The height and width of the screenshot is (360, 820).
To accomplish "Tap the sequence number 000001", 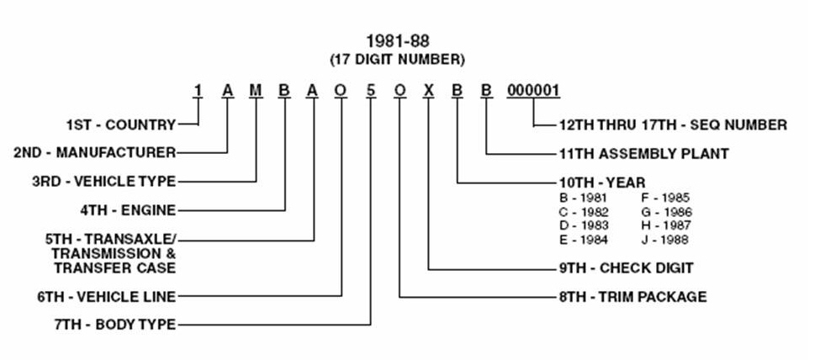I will [x=532, y=91].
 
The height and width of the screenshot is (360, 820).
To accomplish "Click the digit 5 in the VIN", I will [x=371, y=91].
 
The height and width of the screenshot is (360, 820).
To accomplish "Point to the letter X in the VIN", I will [x=429, y=91].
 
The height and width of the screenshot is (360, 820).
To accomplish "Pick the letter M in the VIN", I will [x=256, y=91].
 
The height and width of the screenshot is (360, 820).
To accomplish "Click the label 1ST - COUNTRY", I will [x=121, y=125].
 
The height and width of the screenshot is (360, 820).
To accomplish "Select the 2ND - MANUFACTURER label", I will [x=95, y=153].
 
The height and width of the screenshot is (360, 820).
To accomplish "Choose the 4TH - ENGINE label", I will [x=127, y=209].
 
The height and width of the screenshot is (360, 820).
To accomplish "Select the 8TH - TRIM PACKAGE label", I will [x=632, y=296].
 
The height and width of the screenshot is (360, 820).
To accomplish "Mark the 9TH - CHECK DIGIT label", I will [x=626, y=268].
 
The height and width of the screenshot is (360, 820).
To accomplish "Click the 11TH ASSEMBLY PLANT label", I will [x=643, y=153].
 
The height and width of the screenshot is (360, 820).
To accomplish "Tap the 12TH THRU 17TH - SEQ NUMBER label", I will [x=672, y=125].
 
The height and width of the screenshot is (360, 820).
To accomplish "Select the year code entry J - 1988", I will [x=664, y=240].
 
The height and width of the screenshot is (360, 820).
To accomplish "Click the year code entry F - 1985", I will [x=664, y=198].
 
